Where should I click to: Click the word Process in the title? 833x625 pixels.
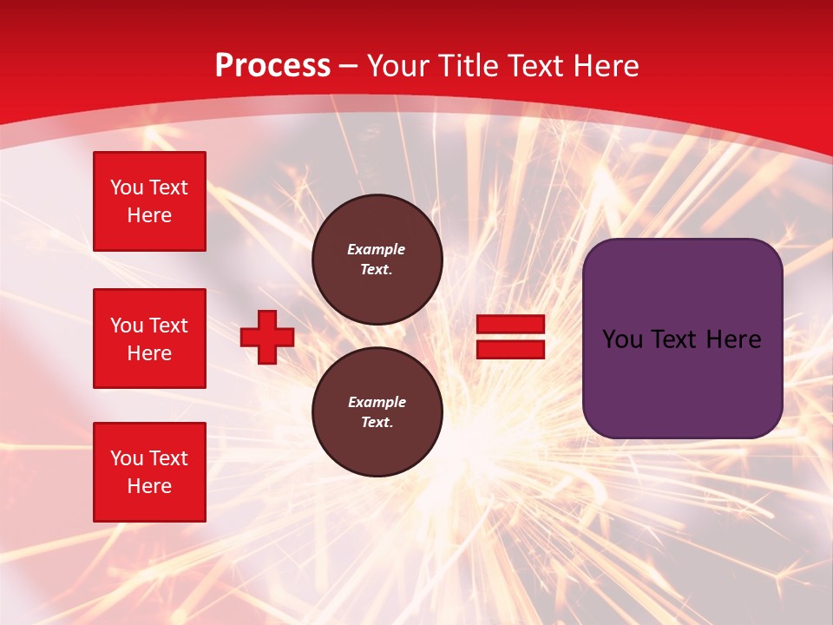coord(272,66)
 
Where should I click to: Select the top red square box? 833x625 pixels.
coord(149,201)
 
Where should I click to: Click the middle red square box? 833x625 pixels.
coord(149,339)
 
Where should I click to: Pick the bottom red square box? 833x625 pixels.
coord(149,472)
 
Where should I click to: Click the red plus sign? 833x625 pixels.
coord(267,337)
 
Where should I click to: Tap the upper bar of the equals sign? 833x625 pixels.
coord(510,325)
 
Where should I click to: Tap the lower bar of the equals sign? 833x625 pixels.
coord(510,349)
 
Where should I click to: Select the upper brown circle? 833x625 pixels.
coord(377,260)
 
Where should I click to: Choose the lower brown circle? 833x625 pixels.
coord(377,412)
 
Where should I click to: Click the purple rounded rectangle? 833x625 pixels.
coord(682,339)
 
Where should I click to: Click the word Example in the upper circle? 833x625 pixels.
coord(376,249)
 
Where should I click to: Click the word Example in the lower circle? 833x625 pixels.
coord(377,402)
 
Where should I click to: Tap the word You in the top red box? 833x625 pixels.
coord(126,187)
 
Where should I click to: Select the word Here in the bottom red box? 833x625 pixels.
coord(149,486)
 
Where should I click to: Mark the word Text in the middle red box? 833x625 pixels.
coord(167,326)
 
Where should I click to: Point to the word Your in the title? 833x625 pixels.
coord(397,66)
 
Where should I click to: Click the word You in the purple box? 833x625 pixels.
coord(622,339)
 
